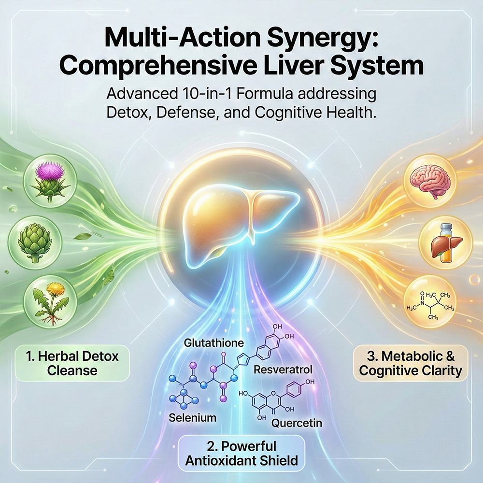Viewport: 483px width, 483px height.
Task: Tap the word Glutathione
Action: [x=214, y=342]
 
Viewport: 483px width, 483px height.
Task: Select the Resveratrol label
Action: [x=283, y=369]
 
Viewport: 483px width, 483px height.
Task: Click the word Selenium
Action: [x=192, y=418]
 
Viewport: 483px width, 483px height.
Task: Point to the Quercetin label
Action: [x=297, y=423]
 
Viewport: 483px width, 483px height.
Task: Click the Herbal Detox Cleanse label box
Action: [x=72, y=364]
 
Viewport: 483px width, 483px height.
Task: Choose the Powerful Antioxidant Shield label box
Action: [x=241, y=454]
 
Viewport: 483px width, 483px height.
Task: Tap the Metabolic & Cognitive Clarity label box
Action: [x=411, y=364]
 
